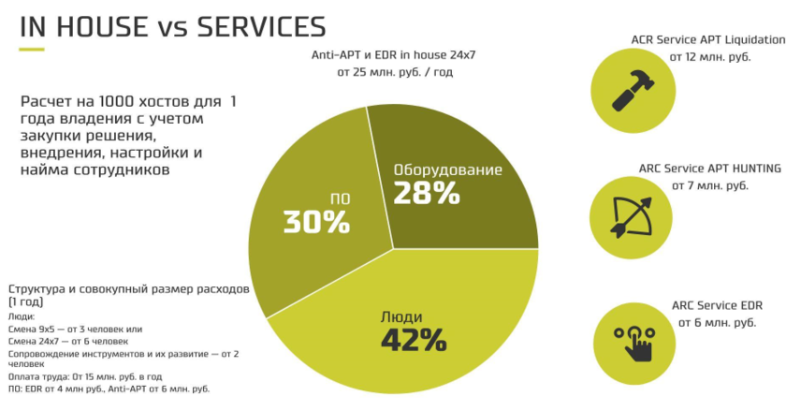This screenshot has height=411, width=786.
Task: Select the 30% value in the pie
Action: (316, 223)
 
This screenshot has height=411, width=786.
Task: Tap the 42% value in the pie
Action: (413, 338)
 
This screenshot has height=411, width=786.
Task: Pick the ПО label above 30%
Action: (340, 198)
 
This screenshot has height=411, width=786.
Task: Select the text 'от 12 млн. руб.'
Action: (710, 57)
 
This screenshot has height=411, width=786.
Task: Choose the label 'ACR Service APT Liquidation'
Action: (708, 40)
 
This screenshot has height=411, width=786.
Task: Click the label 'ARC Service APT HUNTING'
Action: (710, 169)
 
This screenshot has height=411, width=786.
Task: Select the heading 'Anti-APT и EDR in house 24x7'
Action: (394, 54)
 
